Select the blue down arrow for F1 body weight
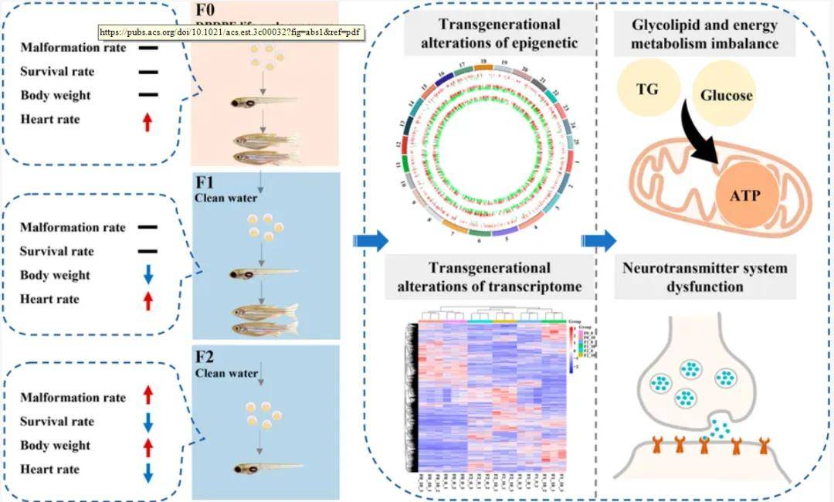[148, 276]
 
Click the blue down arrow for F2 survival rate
[148, 422]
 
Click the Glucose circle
[726, 96]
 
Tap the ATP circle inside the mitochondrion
[744, 195]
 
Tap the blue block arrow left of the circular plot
[371, 241]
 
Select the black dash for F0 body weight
[148, 97]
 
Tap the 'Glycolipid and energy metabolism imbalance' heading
[703, 34]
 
